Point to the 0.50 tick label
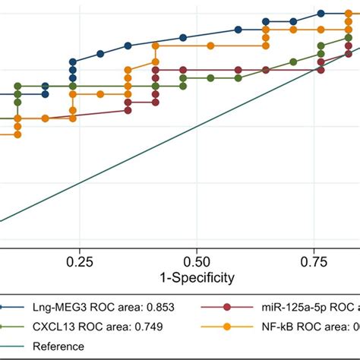coord(196,261)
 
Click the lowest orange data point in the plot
coord(17,134)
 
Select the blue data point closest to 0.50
coord(183,38)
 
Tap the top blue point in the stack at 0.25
coord(73,62)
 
